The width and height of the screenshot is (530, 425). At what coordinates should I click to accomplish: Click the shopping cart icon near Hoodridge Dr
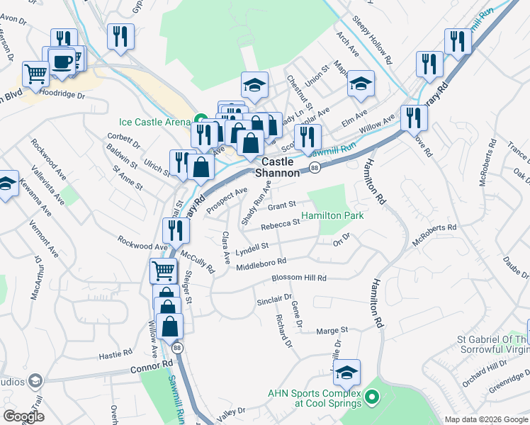pyautogui.click(x=35, y=72)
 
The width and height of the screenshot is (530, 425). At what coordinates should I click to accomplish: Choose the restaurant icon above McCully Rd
pyautogui.click(x=175, y=229)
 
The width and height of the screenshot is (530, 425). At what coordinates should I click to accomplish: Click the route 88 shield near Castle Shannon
pyautogui.click(x=314, y=167)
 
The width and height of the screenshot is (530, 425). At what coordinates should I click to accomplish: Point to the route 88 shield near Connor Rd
pyautogui.click(x=176, y=347)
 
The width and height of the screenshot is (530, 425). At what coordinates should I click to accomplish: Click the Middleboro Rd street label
pyautogui.click(x=261, y=265)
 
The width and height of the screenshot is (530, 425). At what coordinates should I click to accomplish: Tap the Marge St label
pyautogui.click(x=332, y=330)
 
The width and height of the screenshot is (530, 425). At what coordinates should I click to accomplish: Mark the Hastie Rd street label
pyautogui.click(x=115, y=353)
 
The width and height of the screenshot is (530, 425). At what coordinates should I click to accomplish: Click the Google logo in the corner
pyautogui.click(x=23, y=416)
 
